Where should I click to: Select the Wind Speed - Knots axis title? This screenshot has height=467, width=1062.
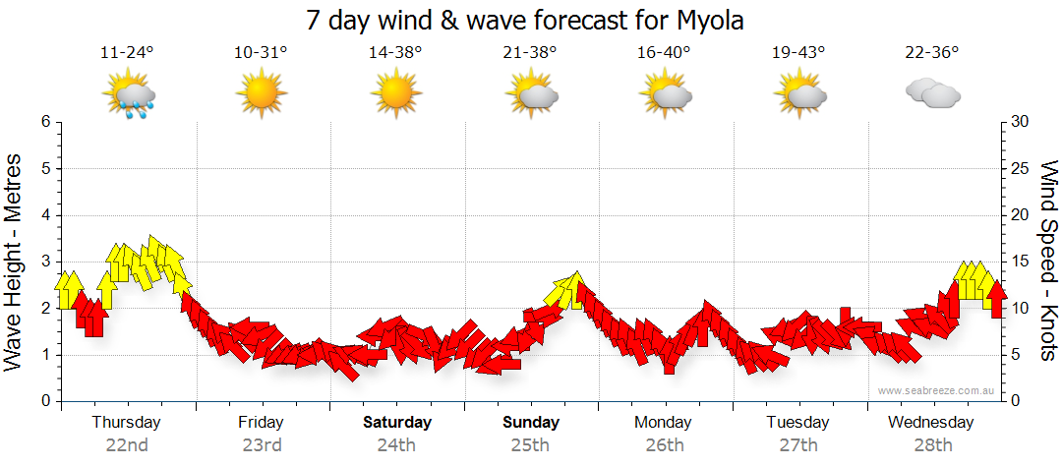coord(1048,261)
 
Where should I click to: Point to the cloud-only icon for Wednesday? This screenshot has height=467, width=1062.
coord(932,94)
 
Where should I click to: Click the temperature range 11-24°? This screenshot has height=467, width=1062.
coord(128,53)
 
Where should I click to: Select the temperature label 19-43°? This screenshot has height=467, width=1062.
coord(798,53)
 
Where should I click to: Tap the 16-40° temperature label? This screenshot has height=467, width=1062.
coord(664,53)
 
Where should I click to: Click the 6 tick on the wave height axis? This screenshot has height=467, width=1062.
coord(45,122)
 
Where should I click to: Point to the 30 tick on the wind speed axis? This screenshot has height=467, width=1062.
coord(1021,122)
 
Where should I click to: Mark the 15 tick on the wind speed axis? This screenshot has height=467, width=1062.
coord(1021,262)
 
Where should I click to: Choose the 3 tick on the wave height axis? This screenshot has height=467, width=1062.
coord(45,262)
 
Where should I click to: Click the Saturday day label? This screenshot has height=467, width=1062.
coord(397,423)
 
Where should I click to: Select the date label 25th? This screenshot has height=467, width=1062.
coord(531,444)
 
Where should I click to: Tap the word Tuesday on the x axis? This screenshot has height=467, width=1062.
coord(797,423)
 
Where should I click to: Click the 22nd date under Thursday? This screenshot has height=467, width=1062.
coord(127,444)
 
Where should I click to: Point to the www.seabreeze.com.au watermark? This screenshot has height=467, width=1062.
coord(936,390)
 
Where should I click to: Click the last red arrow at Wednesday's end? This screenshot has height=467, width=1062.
coord(996,299)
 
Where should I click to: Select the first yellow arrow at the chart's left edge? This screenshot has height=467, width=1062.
coord(69,290)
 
